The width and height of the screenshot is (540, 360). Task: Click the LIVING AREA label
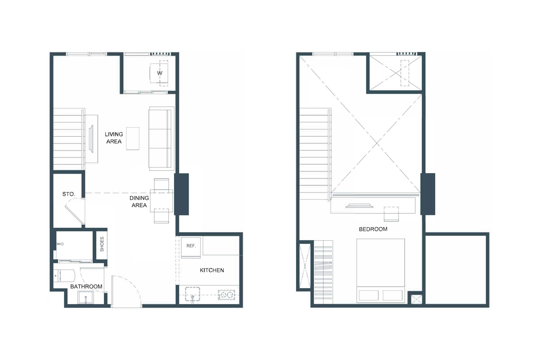(113, 138)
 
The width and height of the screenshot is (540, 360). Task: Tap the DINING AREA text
(139, 202)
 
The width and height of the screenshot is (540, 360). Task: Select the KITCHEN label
(212, 270)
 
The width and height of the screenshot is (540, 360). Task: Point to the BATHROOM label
(86, 287)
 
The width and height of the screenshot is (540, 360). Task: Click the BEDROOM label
(373, 229)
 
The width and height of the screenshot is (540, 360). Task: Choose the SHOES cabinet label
(102, 244)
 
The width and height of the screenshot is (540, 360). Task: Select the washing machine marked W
(159, 72)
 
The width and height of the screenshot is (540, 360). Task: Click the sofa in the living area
(161, 139)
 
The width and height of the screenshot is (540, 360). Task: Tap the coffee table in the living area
(133, 138)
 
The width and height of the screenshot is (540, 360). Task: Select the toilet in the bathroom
(61, 275)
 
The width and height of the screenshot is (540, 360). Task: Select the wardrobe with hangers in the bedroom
(324, 272)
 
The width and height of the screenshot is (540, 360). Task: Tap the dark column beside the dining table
(182, 194)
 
